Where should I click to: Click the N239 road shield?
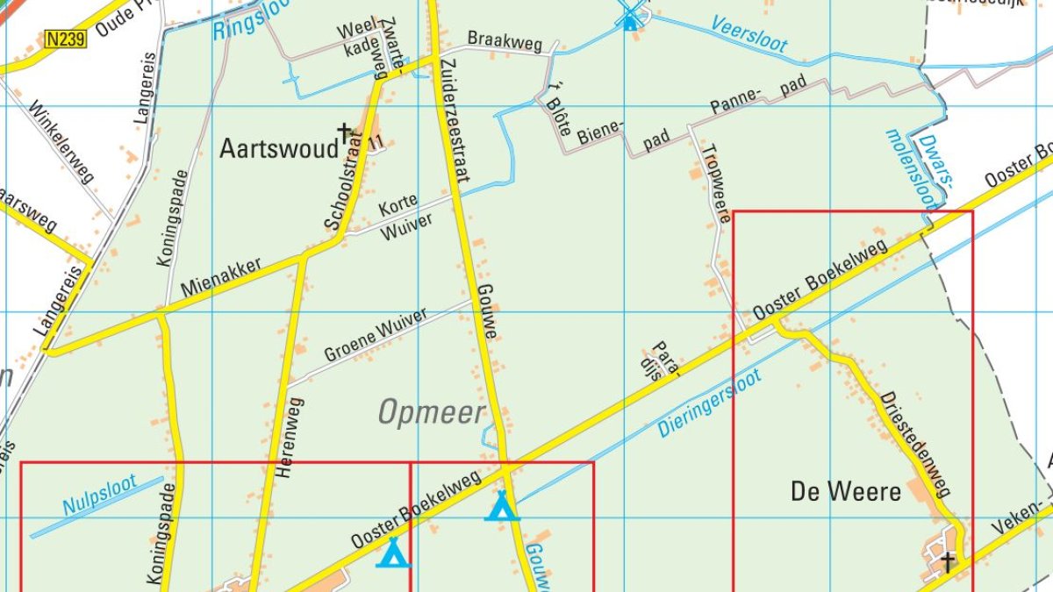pyautogui.click(x=66, y=39)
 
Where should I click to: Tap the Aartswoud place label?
pyautogui.click(x=278, y=148)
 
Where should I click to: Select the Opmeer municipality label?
pyautogui.click(x=431, y=412)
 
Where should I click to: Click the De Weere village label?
pyautogui.click(x=845, y=491)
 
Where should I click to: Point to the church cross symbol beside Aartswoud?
pyautogui.click(x=345, y=132)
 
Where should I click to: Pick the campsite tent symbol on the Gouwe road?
pyautogui.click(x=501, y=506)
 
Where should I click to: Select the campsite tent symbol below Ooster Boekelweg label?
pyautogui.click(x=393, y=553)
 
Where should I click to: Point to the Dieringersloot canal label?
pyautogui.click(x=710, y=404)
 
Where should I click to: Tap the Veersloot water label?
pyautogui.click(x=749, y=34)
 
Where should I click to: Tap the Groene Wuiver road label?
pyautogui.click(x=376, y=335)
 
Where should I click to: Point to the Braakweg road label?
pyautogui.click(x=505, y=40)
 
